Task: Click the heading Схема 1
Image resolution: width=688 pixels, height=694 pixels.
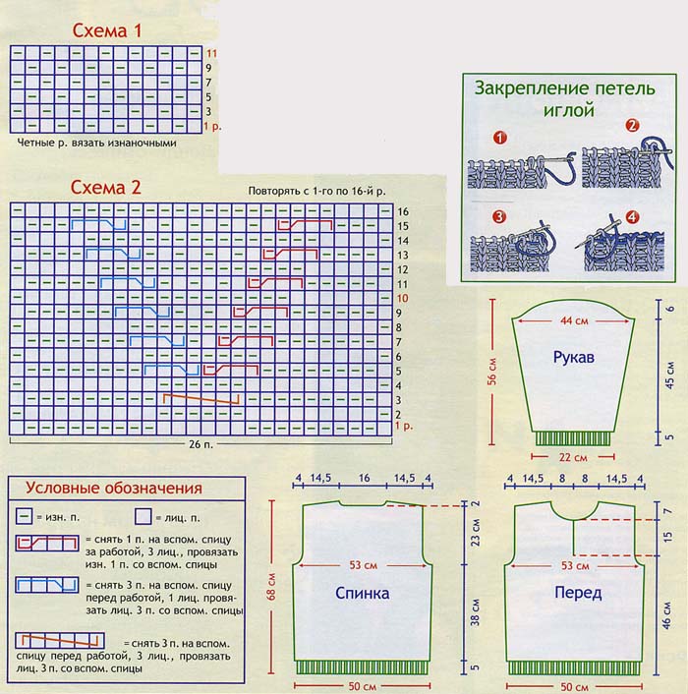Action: coord(108,30)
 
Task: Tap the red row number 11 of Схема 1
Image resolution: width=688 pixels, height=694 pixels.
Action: coord(210,51)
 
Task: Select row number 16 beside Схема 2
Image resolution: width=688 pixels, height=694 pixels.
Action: coord(402,211)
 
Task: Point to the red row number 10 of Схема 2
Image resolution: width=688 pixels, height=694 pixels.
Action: coord(402,297)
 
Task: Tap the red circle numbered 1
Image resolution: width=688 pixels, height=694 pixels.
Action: coord(499,139)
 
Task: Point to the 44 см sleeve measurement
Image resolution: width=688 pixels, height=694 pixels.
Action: coord(572,319)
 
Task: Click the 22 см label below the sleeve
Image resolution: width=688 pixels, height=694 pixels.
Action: coord(573,457)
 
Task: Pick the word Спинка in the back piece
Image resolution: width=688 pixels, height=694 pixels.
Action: coord(363,593)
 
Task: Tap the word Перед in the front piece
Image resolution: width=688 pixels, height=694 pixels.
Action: coord(577,593)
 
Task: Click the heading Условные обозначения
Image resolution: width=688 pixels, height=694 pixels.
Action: coord(113,489)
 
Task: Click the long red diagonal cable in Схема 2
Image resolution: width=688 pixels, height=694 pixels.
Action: coord(201,399)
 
